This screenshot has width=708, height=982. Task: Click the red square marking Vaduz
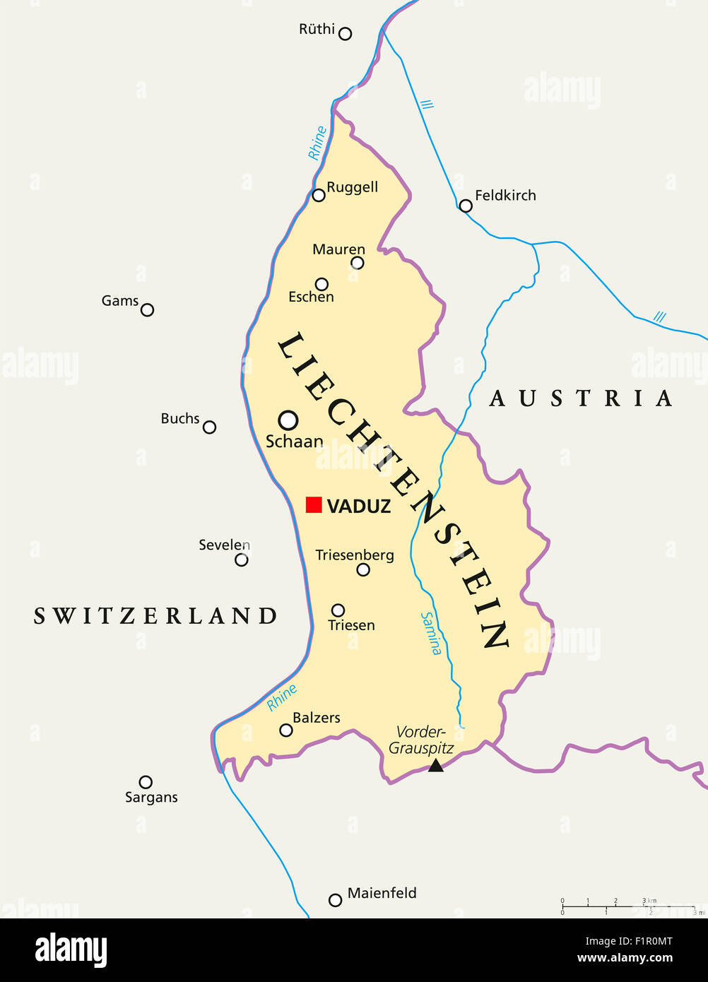coord(314,504)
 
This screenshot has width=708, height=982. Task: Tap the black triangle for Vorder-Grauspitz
coord(436,765)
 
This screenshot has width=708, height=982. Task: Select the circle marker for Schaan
coord(288,420)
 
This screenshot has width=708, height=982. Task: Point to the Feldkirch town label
coord(505,196)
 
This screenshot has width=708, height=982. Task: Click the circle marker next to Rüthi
coord(345,33)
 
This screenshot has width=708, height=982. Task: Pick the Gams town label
coord(119,301)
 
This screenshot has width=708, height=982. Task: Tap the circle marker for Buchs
coord(209,427)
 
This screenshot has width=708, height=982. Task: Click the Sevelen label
coord(224,545)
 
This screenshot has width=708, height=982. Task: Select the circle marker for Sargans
coord(146,781)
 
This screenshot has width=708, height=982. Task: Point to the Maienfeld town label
coord(382,893)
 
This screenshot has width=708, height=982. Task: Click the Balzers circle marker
coord(286,730)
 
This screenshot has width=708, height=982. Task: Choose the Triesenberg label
coord(355,555)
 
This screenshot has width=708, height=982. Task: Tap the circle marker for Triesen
coord(338,610)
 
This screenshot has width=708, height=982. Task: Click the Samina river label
coord(431,633)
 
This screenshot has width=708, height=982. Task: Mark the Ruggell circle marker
coord(319,195)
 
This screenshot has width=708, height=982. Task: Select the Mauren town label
coord(338,249)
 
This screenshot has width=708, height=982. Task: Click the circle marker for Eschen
coord(321,284)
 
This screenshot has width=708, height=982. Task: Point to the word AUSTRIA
coord(581,398)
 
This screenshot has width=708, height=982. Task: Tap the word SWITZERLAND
coord(155,616)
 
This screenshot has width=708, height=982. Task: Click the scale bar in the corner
coord(629,906)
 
